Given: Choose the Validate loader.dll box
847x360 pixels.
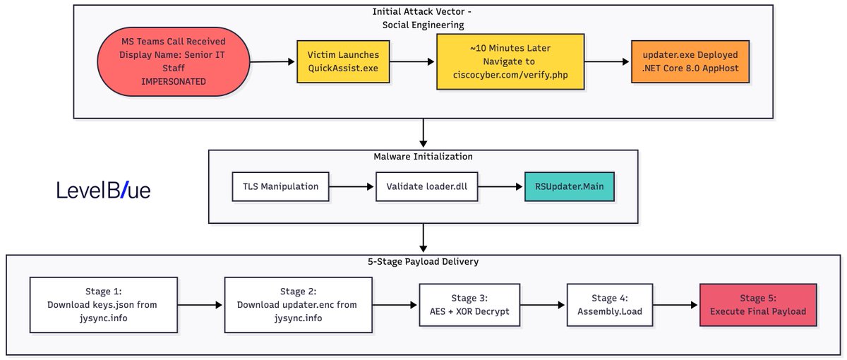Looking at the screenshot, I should pyautogui.click(x=424, y=187).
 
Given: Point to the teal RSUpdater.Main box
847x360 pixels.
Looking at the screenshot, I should pyautogui.click(x=569, y=187).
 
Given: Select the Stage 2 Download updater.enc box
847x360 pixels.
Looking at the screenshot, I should pyautogui.click(x=296, y=305).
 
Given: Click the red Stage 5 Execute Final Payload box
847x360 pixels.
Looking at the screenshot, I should pyautogui.click(x=757, y=305).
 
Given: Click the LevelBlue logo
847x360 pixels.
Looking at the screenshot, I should pyautogui.click(x=103, y=191).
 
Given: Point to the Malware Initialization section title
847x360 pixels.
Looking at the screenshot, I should pyautogui.click(x=423, y=156).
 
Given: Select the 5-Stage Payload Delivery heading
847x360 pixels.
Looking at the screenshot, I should pyautogui.click(x=423, y=262).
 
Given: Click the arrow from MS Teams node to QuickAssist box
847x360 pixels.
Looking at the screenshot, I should pyautogui.click(x=272, y=62).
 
